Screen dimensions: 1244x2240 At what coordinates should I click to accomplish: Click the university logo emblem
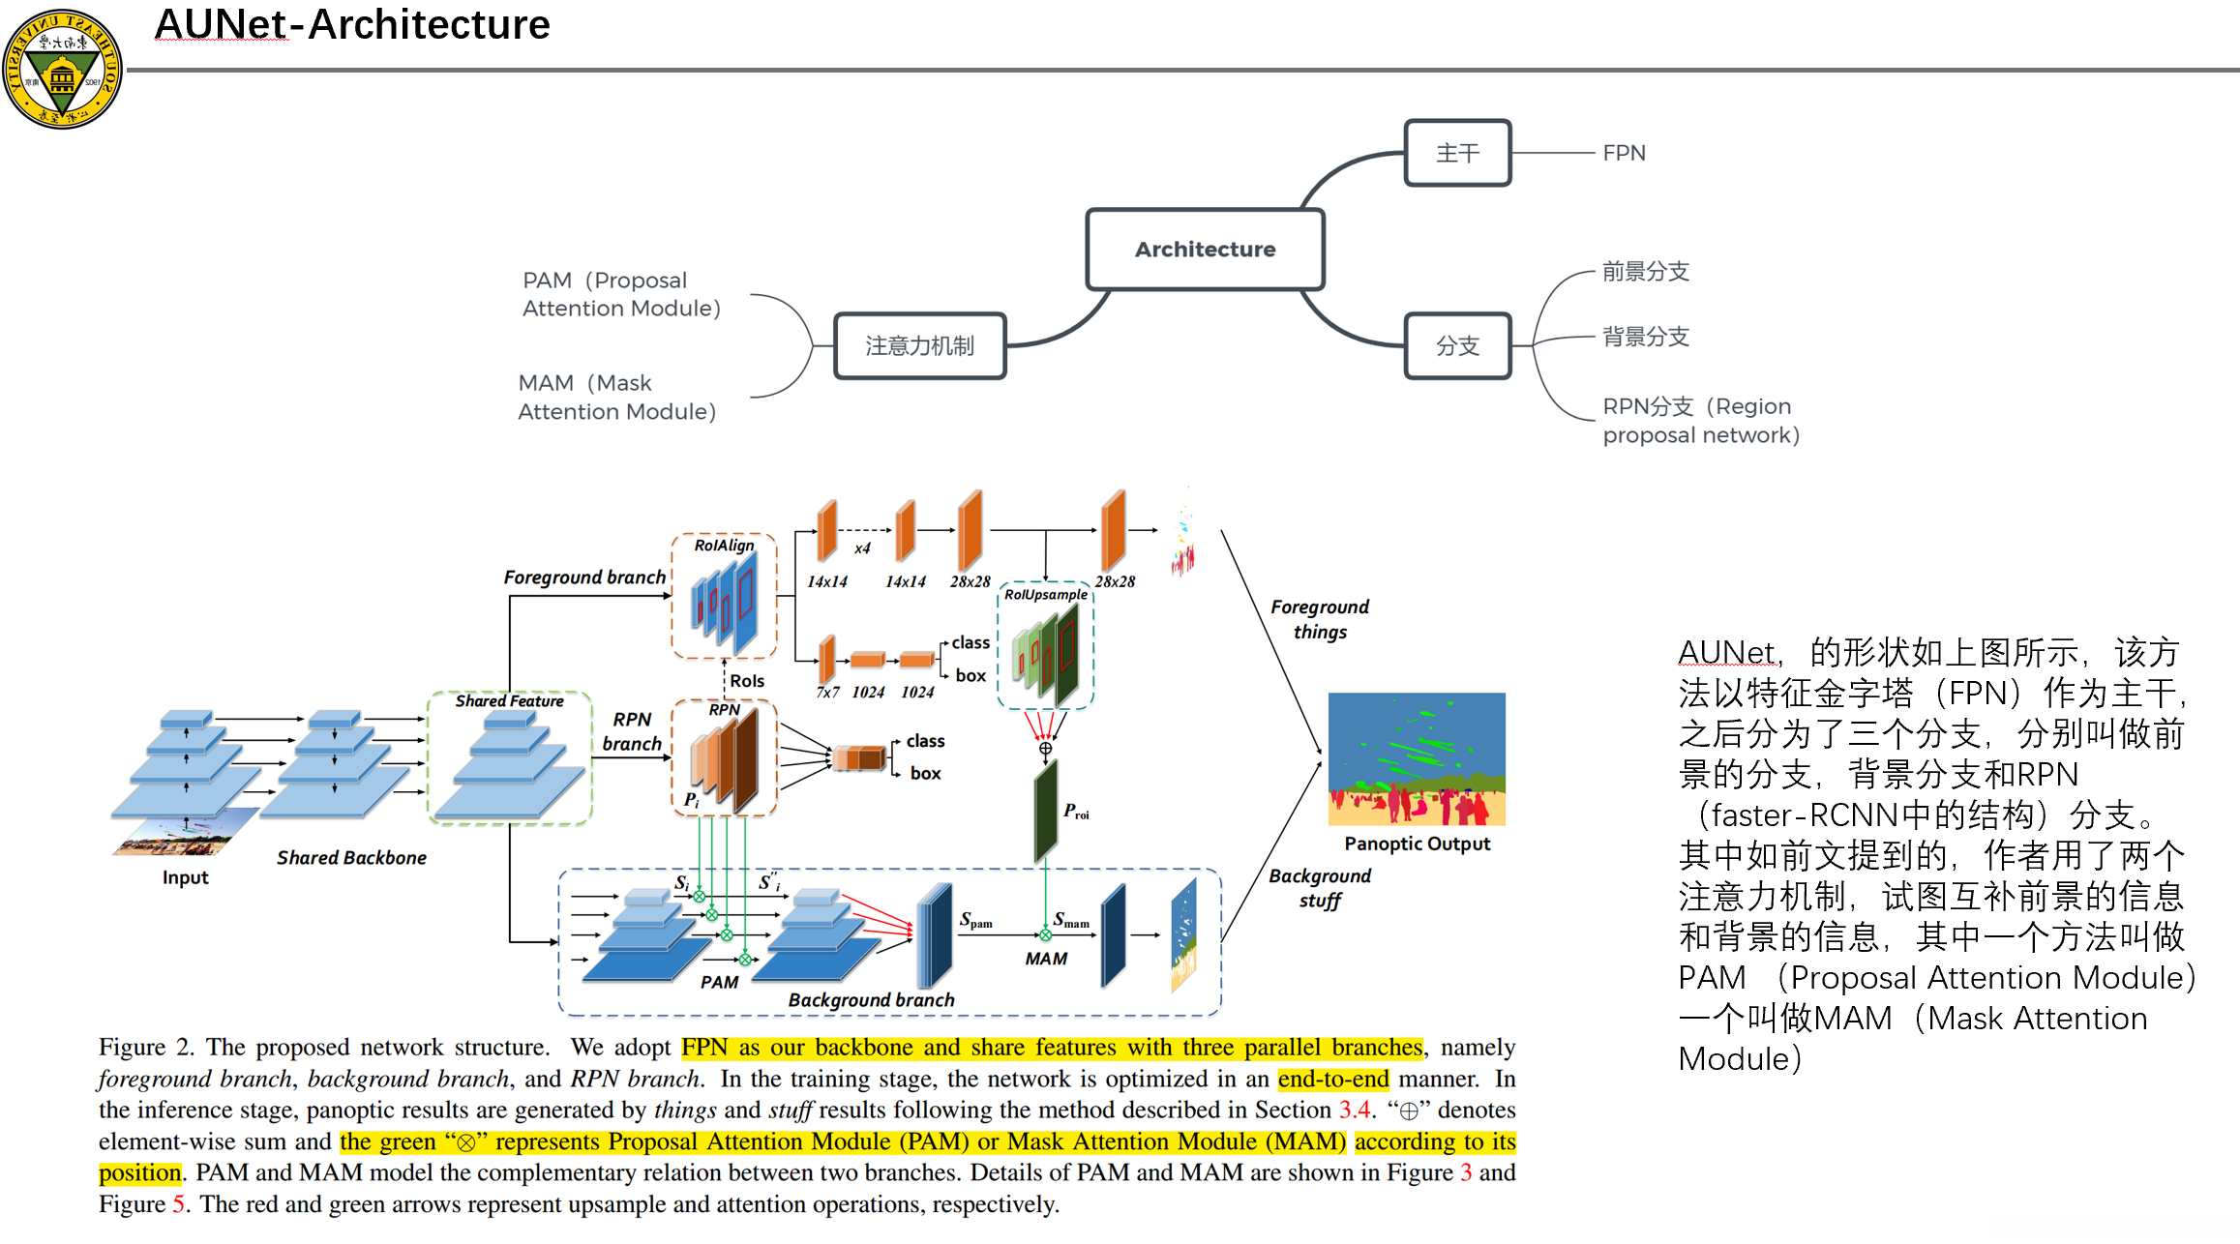(x=62, y=69)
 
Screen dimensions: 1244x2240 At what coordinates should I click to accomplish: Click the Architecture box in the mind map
(x=1205, y=250)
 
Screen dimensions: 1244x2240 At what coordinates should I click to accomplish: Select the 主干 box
(x=1457, y=153)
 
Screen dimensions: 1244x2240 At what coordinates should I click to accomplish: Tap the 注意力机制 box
(x=919, y=345)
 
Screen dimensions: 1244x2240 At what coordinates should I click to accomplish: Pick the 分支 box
(x=1457, y=345)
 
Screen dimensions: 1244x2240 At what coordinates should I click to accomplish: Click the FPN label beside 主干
(x=1624, y=153)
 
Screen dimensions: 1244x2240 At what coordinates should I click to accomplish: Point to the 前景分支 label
(x=1646, y=272)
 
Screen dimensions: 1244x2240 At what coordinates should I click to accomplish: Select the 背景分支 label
(x=1646, y=337)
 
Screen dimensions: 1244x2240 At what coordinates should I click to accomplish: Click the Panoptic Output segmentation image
(x=1417, y=758)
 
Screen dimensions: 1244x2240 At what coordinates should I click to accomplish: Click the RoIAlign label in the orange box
(x=724, y=546)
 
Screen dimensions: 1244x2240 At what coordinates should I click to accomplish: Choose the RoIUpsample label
(x=1045, y=595)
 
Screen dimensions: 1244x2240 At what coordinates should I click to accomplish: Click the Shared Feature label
(x=509, y=701)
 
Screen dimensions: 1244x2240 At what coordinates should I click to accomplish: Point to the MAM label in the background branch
(x=1046, y=959)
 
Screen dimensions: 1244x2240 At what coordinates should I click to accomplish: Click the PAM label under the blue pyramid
(x=719, y=982)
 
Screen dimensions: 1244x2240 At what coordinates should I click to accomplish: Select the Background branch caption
(x=871, y=1000)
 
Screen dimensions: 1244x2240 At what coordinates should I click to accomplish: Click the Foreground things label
(x=1320, y=619)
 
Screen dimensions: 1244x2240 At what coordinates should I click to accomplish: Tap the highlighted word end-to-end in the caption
(x=1332, y=1079)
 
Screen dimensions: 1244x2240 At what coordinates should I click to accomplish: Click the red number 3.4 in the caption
(x=1354, y=1110)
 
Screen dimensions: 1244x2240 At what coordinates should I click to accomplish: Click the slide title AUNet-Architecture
(x=352, y=25)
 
